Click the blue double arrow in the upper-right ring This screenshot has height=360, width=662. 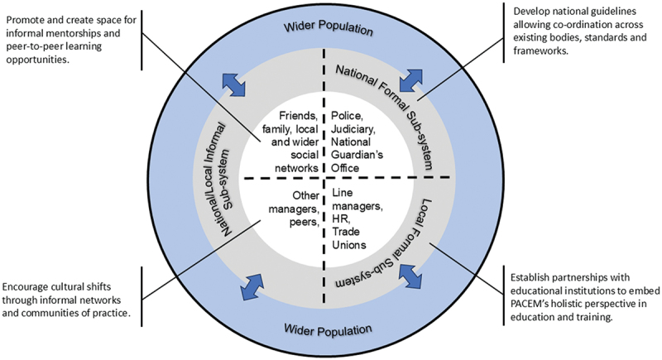tap(410, 79)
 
